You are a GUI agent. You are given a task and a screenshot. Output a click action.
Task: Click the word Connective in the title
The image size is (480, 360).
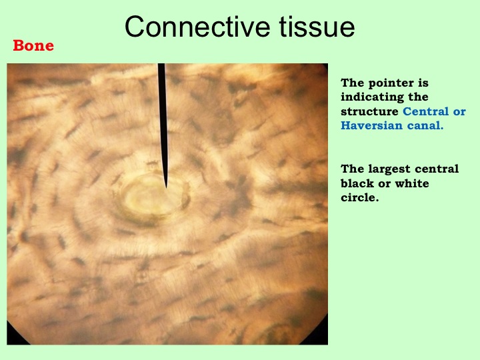[197, 27]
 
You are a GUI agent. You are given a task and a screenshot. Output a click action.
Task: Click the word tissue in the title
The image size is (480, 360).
[317, 27]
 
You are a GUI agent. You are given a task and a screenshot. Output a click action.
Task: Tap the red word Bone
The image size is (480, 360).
[33, 45]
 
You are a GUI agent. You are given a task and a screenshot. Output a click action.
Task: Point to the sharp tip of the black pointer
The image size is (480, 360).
[166, 187]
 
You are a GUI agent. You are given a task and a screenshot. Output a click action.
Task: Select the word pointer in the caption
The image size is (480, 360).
[391, 83]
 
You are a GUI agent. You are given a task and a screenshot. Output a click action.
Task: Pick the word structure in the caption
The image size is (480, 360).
[369, 111]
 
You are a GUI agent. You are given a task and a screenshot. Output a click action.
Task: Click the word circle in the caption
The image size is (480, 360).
[360, 197]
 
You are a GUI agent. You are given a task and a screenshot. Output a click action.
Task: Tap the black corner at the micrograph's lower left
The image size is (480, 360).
[14, 337]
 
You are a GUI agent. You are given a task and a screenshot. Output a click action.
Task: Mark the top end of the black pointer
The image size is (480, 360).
[161, 64]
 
